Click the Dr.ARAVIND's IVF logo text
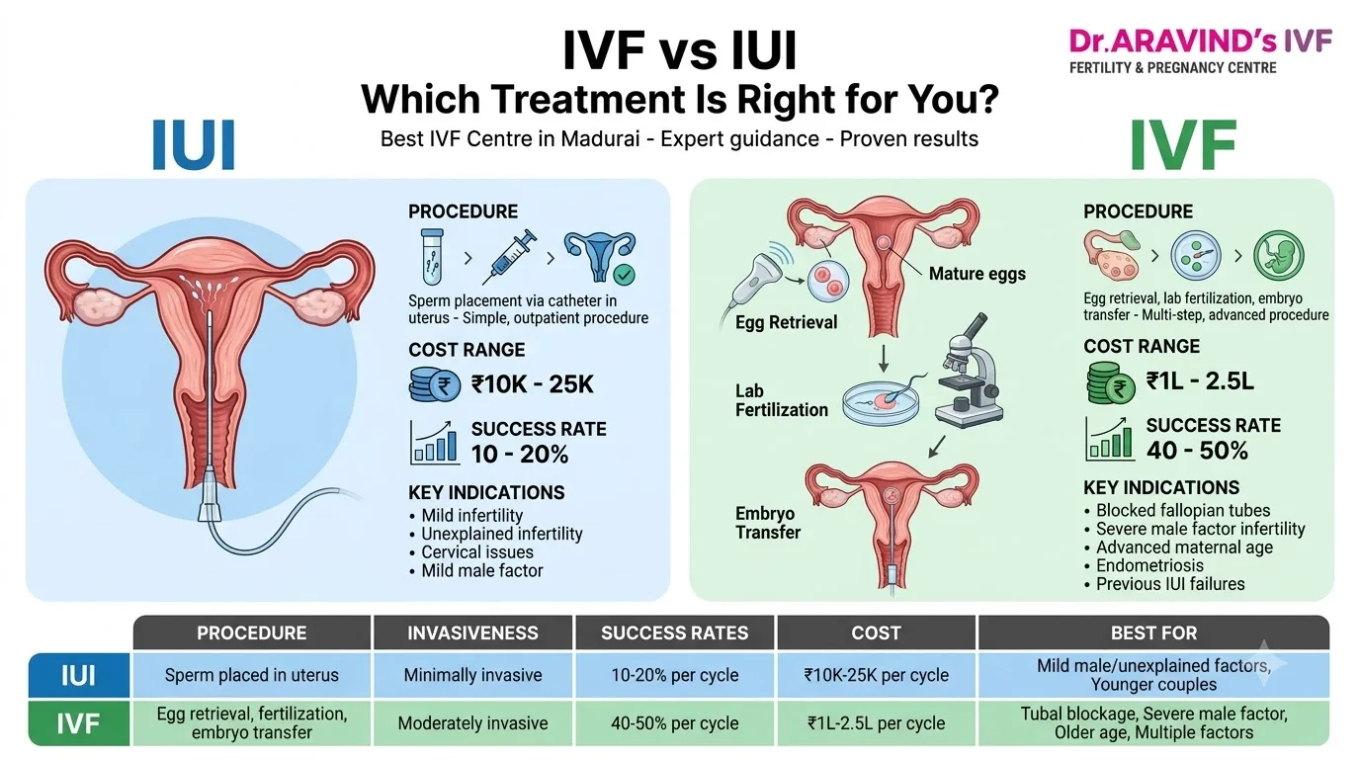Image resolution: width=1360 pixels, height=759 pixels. pyautogui.click(x=1200, y=41)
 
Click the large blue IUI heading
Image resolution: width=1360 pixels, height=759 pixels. pyautogui.click(x=193, y=144)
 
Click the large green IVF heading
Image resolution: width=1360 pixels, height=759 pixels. pyautogui.click(x=1183, y=144)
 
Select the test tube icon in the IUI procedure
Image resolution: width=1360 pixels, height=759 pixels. pyautogui.click(x=432, y=256)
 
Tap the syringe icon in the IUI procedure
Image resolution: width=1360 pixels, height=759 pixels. pyautogui.click(x=509, y=257)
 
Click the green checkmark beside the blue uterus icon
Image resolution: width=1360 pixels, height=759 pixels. pyautogui.click(x=624, y=275)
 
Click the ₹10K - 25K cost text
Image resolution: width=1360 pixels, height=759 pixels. pyautogui.click(x=532, y=384)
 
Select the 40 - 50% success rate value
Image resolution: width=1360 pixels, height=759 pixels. pyautogui.click(x=1197, y=451)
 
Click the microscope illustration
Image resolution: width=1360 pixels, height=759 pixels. pyautogui.click(x=969, y=371)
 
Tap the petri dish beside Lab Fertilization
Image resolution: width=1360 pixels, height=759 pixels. pyautogui.click(x=882, y=402)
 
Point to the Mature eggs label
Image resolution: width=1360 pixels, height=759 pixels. pyautogui.click(x=977, y=274)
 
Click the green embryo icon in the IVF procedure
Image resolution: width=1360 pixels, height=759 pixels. pyautogui.click(x=1279, y=255)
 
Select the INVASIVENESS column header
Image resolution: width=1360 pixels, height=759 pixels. pyautogui.click(x=472, y=632)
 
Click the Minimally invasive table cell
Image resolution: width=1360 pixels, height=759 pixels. pyautogui.click(x=472, y=675)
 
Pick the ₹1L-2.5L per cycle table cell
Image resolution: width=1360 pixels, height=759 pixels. pyautogui.click(x=876, y=723)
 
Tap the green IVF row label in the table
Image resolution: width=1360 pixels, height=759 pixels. pyautogui.click(x=79, y=723)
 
